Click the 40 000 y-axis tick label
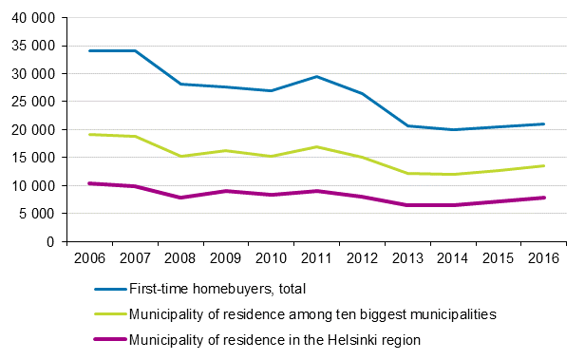coord(34,17)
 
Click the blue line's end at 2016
coord(542,123)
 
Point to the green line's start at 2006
coord(89,134)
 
